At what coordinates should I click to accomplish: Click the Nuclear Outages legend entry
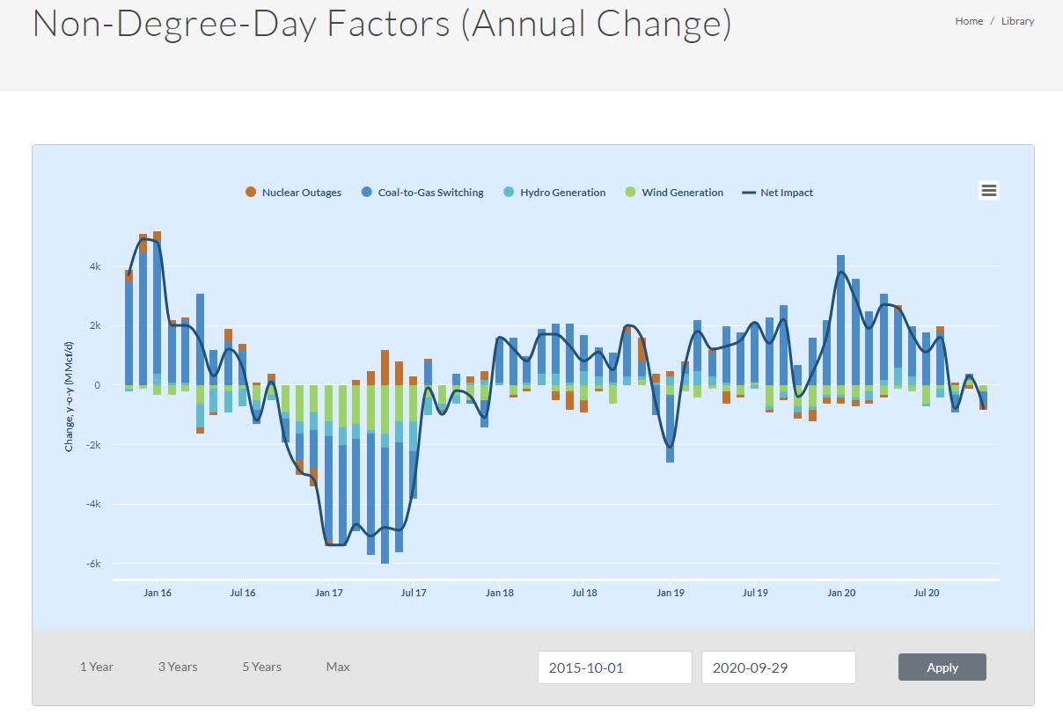(293, 193)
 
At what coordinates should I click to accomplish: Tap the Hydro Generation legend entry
(554, 193)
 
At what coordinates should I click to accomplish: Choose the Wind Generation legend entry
(674, 193)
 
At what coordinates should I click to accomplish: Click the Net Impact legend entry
(778, 193)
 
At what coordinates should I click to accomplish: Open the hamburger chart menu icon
(988, 191)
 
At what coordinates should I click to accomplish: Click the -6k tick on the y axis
(92, 564)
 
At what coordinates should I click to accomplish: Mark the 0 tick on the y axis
(98, 385)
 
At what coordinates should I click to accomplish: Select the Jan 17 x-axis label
(328, 593)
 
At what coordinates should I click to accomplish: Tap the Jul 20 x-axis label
(927, 593)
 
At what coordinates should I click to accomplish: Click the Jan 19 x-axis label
(671, 593)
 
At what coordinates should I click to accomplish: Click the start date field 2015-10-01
(614, 667)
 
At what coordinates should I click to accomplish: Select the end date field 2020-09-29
(778, 667)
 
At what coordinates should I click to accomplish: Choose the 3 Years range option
(178, 667)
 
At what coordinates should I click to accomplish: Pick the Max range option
(338, 667)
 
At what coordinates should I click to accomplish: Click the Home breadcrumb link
(969, 21)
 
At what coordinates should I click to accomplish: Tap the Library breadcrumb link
(1017, 21)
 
